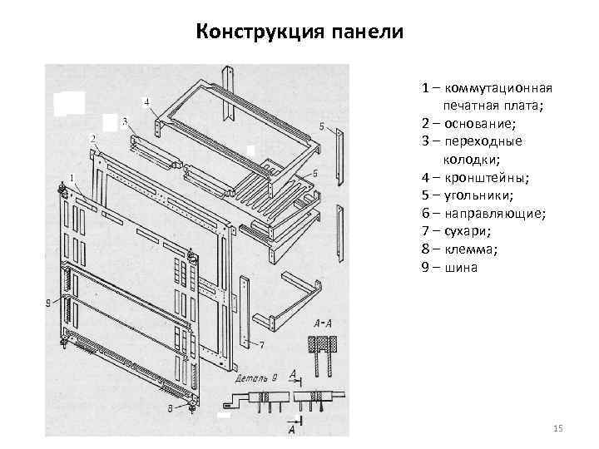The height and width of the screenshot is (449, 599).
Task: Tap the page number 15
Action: click(x=557, y=428)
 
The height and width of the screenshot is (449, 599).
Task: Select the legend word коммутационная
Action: click(x=498, y=87)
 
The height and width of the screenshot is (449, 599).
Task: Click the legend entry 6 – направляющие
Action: click(x=483, y=214)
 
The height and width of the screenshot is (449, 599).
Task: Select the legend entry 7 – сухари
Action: click(x=457, y=232)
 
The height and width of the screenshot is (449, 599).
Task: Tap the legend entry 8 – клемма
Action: click(x=460, y=249)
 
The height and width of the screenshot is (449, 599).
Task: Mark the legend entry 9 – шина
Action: click(x=449, y=268)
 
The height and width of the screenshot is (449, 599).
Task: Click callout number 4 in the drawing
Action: click(x=146, y=103)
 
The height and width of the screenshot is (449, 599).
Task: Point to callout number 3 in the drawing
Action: click(x=124, y=121)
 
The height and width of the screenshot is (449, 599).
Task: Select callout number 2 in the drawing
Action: click(x=92, y=137)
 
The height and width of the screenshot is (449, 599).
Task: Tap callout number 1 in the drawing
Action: click(x=72, y=177)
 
